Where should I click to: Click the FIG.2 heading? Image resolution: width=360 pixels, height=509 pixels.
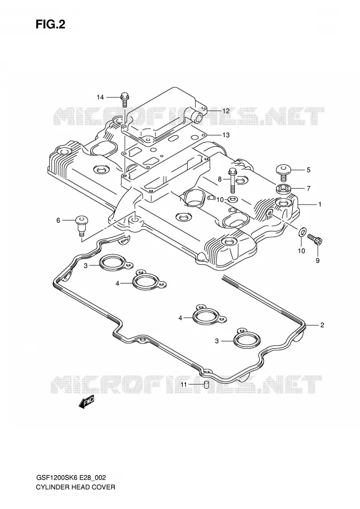pyautogui.click(x=50, y=24)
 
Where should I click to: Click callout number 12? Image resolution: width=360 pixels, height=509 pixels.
pyautogui.click(x=226, y=111)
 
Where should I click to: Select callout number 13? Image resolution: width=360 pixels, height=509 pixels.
pyautogui.click(x=226, y=135)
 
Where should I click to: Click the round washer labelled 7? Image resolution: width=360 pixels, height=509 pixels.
pyautogui.click(x=283, y=189)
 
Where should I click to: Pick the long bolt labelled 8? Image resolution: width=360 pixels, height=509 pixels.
pyautogui.click(x=233, y=180)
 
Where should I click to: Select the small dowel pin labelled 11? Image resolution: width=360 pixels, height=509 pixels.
pyautogui.click(x=206, y=385)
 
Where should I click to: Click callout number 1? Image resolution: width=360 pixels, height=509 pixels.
pyautogui.click(x=320, y=205)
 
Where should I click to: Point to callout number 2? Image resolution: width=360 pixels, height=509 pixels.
pyautogui.click(x=322, y=325)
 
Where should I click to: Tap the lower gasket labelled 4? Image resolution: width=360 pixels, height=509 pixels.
pyautogui.click(x=208, y=316)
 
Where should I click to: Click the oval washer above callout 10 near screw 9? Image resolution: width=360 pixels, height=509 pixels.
pyautogui.click(x=302, y=232)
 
